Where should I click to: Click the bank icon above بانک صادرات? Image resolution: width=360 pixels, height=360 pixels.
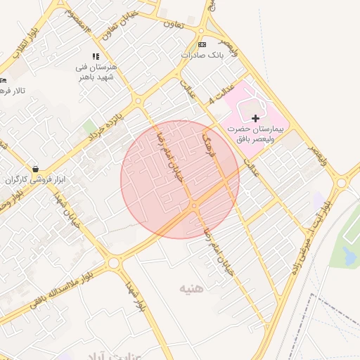pos(203,44)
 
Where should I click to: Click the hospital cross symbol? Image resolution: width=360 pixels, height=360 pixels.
pos(255,118)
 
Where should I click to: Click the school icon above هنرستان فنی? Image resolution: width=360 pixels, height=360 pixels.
pos(96,56)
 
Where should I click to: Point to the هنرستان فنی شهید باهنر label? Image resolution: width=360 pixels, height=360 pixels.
pos(94,71)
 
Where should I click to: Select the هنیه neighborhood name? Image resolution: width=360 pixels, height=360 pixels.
pos(191,288)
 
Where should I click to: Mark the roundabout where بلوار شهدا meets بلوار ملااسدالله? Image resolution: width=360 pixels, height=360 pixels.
pos(114,264)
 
